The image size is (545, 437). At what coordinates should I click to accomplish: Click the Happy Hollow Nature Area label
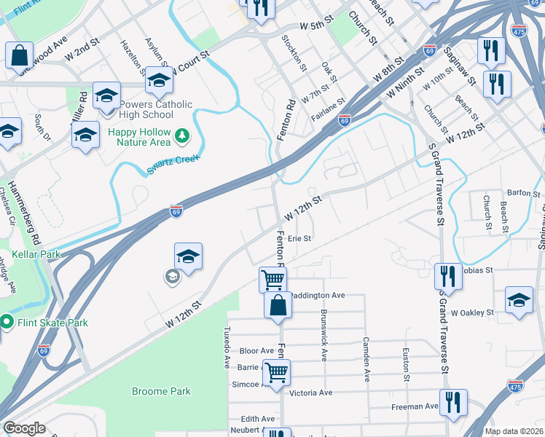[x=139, y=138]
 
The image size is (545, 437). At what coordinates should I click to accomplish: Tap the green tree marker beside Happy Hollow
[x=181, y=135]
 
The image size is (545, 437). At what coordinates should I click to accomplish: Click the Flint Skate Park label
[x=53, y=323]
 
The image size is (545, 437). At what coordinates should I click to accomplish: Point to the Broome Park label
[x=161, y=391]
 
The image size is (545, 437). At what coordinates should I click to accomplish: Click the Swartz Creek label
[x=173, y=157]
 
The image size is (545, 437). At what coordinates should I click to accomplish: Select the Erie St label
[x=299, y=238]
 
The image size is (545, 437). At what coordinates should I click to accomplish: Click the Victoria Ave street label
[x=311, y=393]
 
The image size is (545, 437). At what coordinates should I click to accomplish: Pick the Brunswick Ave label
[x=323, y=335]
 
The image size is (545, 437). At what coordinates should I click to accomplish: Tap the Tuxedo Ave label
[x=227, y=347]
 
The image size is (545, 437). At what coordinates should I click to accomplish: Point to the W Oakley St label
[x=472, y=312]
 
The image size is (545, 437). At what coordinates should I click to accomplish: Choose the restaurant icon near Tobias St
[x=448, y=276]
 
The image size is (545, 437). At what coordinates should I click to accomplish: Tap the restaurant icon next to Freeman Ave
[x=453, y=401]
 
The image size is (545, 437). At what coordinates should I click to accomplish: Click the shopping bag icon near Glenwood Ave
[x=20, y=55]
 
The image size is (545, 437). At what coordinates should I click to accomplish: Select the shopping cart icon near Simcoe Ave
[x=276, y=372]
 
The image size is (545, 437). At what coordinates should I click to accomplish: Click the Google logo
[x=25, y=428]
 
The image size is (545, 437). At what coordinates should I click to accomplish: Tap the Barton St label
[x=525, y=194]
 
